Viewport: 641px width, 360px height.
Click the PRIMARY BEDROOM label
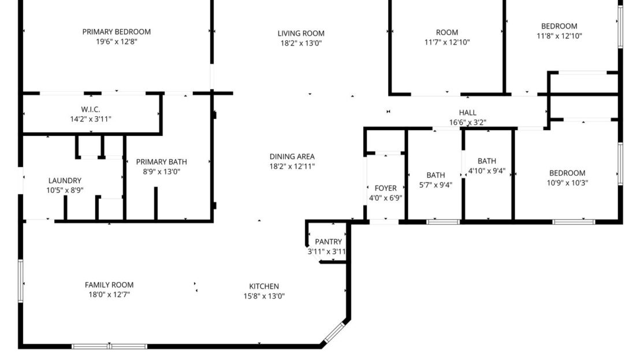point(116,32)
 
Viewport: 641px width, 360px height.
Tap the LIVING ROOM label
point(301,34)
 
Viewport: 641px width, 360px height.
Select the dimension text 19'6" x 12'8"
point(116,42)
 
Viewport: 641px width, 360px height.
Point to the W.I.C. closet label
point(91,110)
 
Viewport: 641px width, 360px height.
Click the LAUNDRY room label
point(65,180)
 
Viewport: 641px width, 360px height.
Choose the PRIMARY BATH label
point(161,162)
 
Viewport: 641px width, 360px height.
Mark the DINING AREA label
point(292,157)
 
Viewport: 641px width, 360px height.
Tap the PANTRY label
point(328,242)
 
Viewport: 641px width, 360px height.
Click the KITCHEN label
point(264,286)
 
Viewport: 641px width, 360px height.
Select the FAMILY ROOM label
point(109,285)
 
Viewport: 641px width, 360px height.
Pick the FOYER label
point(386,188)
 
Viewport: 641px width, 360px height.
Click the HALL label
point(468,113)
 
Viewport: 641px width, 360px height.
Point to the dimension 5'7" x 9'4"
point(435,185)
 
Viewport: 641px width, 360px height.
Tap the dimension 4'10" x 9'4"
point(487,170)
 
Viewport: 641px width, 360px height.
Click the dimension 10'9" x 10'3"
point(567,183)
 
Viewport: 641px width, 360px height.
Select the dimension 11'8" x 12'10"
point(558,36)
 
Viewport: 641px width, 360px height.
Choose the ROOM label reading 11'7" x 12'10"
point(446,32)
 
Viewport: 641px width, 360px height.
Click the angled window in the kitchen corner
point(334,332)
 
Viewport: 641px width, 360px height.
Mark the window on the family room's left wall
point(21,281)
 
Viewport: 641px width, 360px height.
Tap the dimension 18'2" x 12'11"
point(292,166)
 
